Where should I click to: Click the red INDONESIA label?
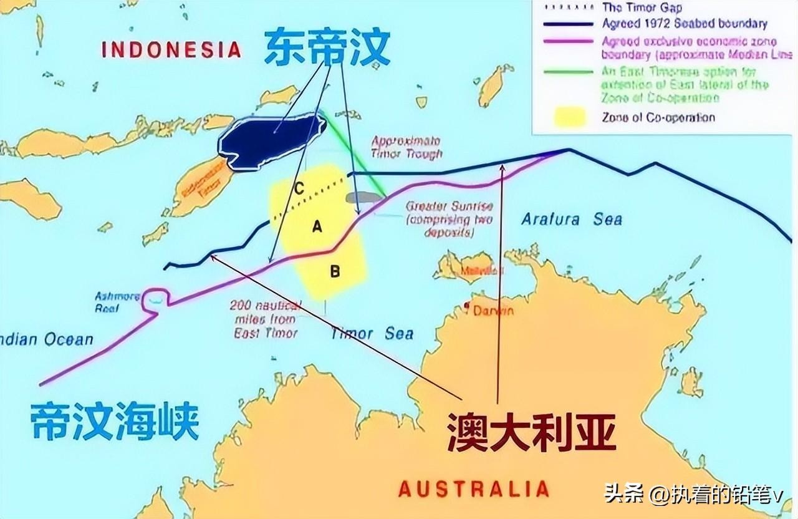[x=171, y=49]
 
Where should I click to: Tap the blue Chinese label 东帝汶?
[x=327, y=47]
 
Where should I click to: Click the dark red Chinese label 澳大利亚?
[x=531, y=430]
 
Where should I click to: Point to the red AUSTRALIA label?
[x=474, y=488]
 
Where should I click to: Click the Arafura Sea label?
[x=572, y=219]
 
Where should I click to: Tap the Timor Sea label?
[x=372, y=333]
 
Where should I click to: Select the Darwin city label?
[x=493, y=310]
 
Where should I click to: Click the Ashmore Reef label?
[x=117, y=302]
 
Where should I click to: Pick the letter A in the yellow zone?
[x=317, y=228]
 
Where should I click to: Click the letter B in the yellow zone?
[x=335, y=271]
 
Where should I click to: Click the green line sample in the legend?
[x=567, y=72]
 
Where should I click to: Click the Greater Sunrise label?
[x=449, y=218]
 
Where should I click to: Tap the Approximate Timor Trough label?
[x=406, y=147]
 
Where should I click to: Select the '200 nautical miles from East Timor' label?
[x=265, y=319]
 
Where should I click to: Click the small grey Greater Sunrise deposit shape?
[x=364, y=198]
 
